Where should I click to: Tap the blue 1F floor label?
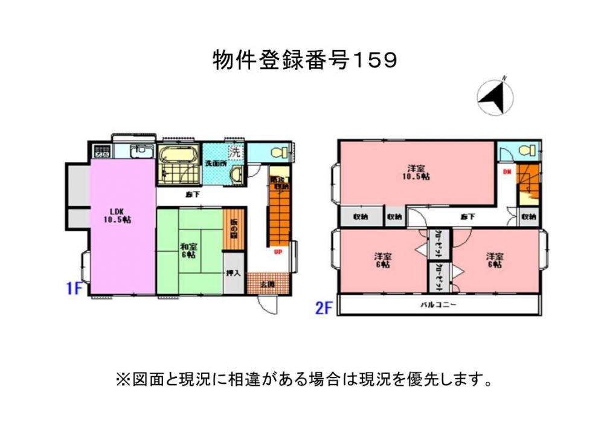coord(74,289)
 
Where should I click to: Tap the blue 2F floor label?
coord(324,308)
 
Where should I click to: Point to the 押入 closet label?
coord(233,273)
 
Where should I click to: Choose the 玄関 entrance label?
coord(268,283)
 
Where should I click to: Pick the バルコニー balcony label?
coord(439,305)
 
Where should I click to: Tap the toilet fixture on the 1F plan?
coord(278,153)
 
